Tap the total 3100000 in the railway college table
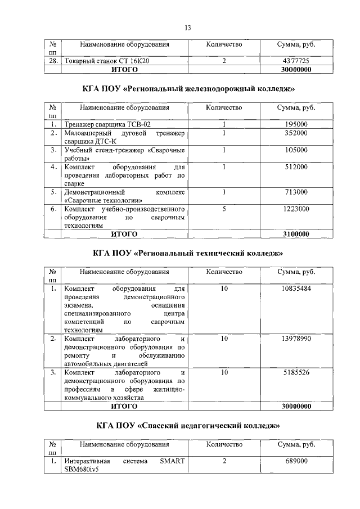(x=296, y=234)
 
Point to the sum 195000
(x=296, y=124)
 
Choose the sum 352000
(x=296, y=133)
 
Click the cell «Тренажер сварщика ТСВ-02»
(x=107, y=124)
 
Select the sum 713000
(x=296, y=192)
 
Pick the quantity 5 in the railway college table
(x=224, y=209)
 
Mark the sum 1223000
(x=296, y=209)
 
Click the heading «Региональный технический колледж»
(x=187, y=254)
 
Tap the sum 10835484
(x=296, y=289)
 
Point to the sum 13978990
(x=296, y=339)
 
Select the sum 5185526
(x=296, y=372)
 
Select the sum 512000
(x=296, y=167)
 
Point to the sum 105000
(x=296, y=150)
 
